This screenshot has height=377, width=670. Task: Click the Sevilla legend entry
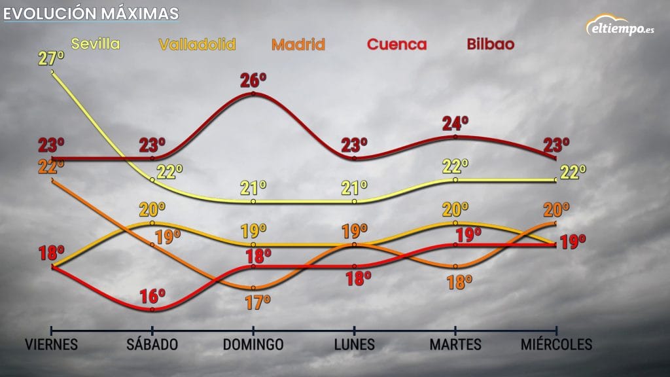(x=96, y=44)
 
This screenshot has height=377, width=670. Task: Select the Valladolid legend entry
(x=197, y=45)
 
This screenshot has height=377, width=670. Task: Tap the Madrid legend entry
(x=298, y=45)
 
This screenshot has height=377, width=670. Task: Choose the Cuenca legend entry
(x=397, y=45)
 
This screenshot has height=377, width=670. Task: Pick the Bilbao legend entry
(x=491, y=44)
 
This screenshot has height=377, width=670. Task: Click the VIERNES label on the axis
(x=51, y=344)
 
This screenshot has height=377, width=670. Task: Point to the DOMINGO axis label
(x=253, y=344)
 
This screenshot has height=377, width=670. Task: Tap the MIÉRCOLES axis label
(x=556, y=344)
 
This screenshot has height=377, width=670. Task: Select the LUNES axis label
(x=354, y=344)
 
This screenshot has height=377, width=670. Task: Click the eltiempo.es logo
(x=620, y=26)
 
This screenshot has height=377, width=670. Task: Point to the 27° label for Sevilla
(x=51, y=58)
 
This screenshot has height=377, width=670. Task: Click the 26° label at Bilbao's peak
(x=253, y=81)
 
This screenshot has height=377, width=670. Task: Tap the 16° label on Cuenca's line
(x=152, y=296)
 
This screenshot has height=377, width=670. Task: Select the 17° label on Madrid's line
(x=258, y=302)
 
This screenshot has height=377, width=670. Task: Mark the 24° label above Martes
(x=455, y=124)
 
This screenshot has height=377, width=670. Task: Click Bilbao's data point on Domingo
(x=253, y=94)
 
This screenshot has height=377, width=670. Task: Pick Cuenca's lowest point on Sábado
(x=152, y=310)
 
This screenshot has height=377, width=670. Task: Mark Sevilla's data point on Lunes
(x=354, y=202)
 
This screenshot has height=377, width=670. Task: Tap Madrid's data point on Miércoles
(x=555, y=223)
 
